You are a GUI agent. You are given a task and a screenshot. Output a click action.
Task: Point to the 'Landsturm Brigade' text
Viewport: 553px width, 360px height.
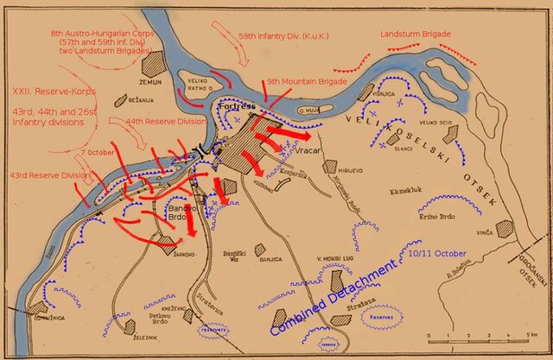pos(416,34)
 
